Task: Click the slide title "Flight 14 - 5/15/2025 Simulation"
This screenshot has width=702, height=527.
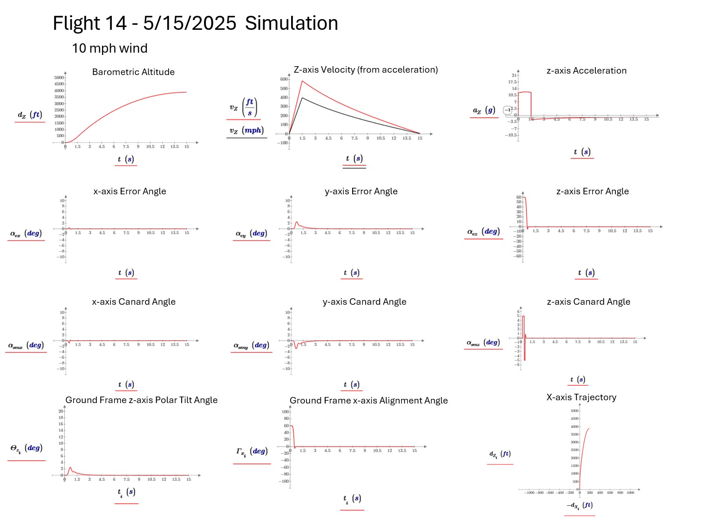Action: tap(195, 23)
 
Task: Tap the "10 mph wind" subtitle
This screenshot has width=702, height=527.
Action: tap(109, 48)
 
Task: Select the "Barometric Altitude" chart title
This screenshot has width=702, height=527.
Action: tap(133, 72)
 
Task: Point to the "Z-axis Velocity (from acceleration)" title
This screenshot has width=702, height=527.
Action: tap(366, 70)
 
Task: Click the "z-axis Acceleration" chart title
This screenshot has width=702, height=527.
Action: tap(586, 71)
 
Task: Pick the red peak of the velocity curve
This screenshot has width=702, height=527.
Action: tap(302, 82)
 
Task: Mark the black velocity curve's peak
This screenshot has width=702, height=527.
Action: tap(302, 98)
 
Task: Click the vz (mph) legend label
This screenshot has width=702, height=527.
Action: tap(246, 131)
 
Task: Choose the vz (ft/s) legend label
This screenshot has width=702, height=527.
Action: tap(243, 108)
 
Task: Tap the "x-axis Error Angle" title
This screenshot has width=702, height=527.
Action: tap(129, 192)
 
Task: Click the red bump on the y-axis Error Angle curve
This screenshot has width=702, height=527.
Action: tap(296, 222)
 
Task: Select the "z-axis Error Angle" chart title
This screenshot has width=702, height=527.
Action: tap(592, 192)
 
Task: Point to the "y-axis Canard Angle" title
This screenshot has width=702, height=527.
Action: tap(364, 302)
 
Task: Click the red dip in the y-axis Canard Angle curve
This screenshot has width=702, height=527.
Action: tap(296, 348)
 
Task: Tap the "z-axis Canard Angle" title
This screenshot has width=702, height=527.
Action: tap(588, 302)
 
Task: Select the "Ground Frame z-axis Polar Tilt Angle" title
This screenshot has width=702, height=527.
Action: tap(141, 400)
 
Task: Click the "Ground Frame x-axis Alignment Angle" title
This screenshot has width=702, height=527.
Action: tap(368, 401)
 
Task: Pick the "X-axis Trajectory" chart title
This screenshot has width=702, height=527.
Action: tap(581, 397)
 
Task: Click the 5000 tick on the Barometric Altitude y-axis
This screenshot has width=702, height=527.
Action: tap(59, 78)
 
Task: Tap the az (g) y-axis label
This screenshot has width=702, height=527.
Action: tap(484, 110)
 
